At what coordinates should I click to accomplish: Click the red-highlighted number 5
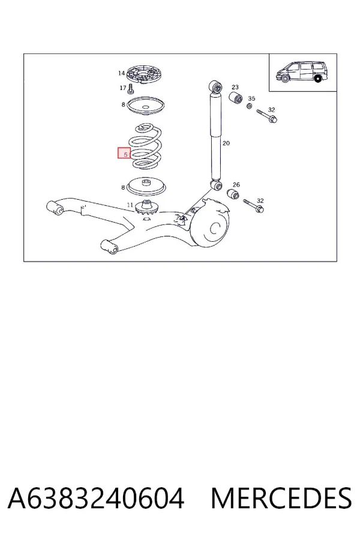(x=125, y=154)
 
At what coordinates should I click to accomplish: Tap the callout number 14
(x=121, y=73)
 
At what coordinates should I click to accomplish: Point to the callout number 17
(x=122, y=88)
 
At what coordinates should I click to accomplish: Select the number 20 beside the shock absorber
(x=226, y=143)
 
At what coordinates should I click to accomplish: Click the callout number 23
(x=235, y=87)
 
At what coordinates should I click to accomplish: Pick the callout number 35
(x=251, y=98)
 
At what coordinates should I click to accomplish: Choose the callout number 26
(x=236, y=185)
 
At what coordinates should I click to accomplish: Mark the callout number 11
(x=130, y=205)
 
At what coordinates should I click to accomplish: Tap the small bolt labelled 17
(x=131, y=89)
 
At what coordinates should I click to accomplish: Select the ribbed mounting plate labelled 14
(x=145, y=74)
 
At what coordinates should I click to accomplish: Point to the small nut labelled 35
(x=249, y=106)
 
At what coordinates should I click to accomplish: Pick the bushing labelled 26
(x=233, y=194)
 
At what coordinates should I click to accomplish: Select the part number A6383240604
(x=96, y=498)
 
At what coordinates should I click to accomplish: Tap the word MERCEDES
(x=281, y=498)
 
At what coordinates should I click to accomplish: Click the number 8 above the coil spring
(x=124, y=104)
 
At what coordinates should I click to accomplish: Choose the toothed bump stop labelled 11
(x=148, y=208)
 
